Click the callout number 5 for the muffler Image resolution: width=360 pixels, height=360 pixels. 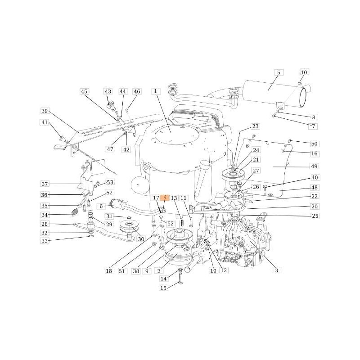click(x=279, y=73)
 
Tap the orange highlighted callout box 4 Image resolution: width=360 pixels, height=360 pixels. click(x=165, y=198)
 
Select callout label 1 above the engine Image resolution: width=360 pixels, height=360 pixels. click(x=156, y=91)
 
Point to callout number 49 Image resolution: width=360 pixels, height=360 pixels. click(x=314, y=166)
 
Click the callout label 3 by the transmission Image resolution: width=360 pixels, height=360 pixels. click(x=277, y=270)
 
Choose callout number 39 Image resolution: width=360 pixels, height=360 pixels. click(x=45, y=111)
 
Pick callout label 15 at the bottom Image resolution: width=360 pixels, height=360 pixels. click(x=163, y=288)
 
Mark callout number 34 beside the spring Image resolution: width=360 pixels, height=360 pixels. click(x=45, y=215)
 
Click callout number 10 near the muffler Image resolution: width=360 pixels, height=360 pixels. click(x=304, y=72)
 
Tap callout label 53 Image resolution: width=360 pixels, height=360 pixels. click(x=110, y=182)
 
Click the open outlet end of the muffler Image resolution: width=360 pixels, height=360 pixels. click(x=303, y=98)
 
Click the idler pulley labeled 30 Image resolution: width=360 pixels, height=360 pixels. click(x=128, y=227)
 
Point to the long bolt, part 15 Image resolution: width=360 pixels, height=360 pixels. click(x=180, y=279)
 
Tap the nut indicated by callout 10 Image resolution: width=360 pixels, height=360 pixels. click(x=300, y=83)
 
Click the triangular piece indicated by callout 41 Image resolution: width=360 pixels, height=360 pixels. click(x=62, y=138)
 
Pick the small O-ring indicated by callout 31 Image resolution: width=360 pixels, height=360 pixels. click(x=129, y=217)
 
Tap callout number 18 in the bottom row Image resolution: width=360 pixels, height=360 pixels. click(x=109, y=271)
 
